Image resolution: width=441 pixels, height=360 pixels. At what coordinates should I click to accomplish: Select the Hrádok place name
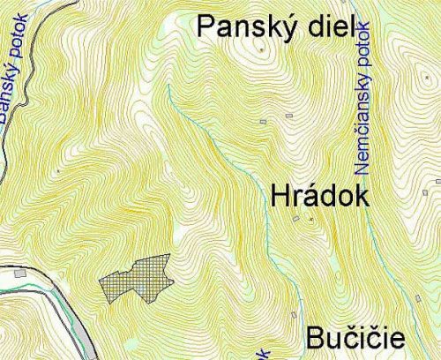pyautogui.click(x=318, y=197)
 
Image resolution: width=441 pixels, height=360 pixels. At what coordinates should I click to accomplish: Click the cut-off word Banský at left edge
pyautogui.click(x=8, y=97)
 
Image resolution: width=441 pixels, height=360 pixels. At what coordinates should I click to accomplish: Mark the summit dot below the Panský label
pyautogui.click(x=261, y=50)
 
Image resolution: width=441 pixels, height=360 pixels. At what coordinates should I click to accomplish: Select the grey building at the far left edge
pyautogui.click(x=19, y=274)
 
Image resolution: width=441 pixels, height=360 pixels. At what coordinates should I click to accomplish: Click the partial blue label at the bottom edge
pyautogui.click(x=265, y=354)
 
